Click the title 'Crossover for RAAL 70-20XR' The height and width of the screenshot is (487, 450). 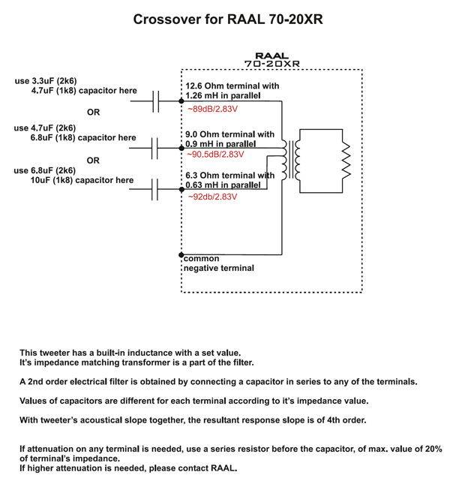[x=228, y=20]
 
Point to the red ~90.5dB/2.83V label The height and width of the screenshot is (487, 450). [x=216, y=155]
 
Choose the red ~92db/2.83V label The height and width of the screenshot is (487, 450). [x=212, y=197]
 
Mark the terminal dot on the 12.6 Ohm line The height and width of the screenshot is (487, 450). [x=181, y=101]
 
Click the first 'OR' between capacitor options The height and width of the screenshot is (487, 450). [x=94, y=113]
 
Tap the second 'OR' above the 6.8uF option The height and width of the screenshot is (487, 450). [x=93, y=161]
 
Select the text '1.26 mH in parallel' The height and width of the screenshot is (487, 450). [x=223, y=96]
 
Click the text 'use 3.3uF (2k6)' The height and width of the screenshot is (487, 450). [x=46, y=80]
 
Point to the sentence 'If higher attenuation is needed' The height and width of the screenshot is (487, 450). [x=128, y=468]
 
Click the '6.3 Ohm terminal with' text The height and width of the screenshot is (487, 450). [x=229, y=176]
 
